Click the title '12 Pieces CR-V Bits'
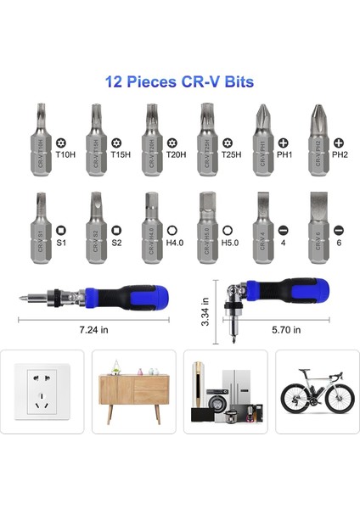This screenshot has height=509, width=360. (179, 82)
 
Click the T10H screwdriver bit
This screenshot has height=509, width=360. (42, 139)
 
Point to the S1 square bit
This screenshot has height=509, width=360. (42, 226)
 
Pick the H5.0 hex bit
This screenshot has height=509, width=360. (205, 226)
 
